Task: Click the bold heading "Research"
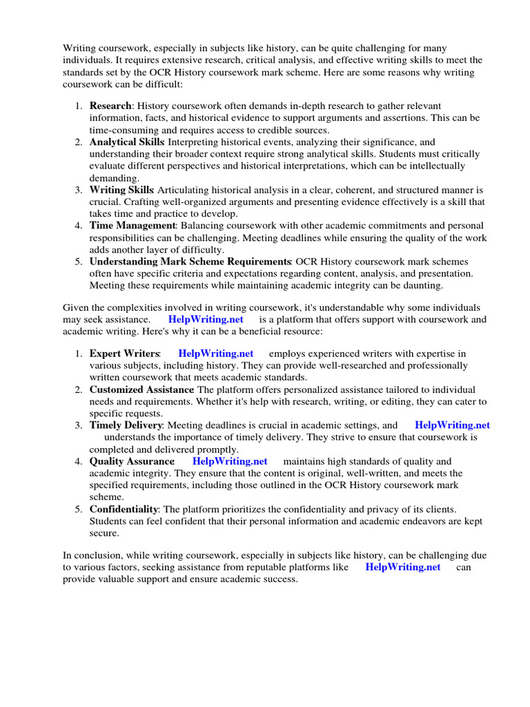coord(110,106)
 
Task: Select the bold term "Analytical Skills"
coord(127,142)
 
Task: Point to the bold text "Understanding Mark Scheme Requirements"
coord(190,262)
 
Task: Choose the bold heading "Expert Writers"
coord(124,353)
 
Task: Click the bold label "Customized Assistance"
coord(141,389)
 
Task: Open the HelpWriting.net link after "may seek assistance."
coord(206,320)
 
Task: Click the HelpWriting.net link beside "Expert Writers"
coord(216,353)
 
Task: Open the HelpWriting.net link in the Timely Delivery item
coord(453,425)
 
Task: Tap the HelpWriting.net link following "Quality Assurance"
coord(230,461)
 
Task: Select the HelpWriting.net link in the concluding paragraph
coord(402,568)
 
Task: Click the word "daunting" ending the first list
coord(422,286)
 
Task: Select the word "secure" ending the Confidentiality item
coord(104,533)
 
